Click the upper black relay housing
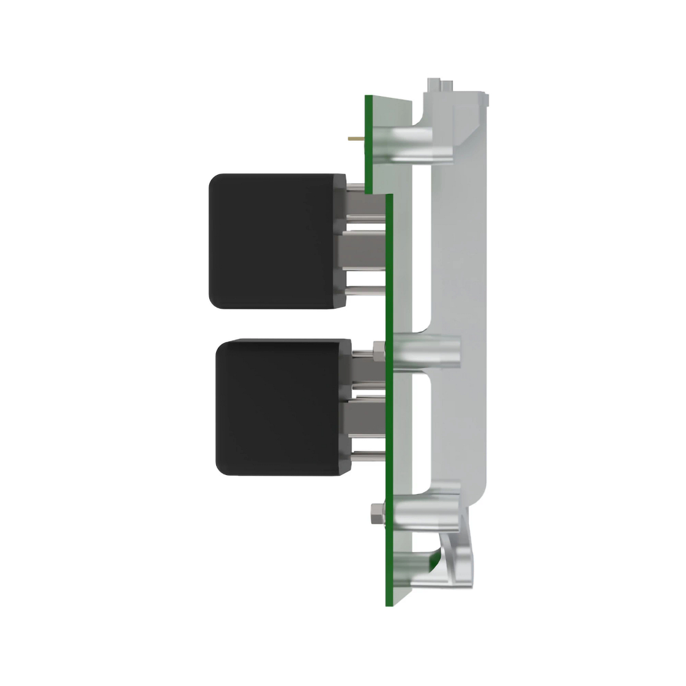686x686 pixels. pos(272,240)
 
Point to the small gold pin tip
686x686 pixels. pos(354,138)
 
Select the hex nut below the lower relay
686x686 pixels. pos(376,514)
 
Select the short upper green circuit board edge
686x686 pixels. pos(369,143)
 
